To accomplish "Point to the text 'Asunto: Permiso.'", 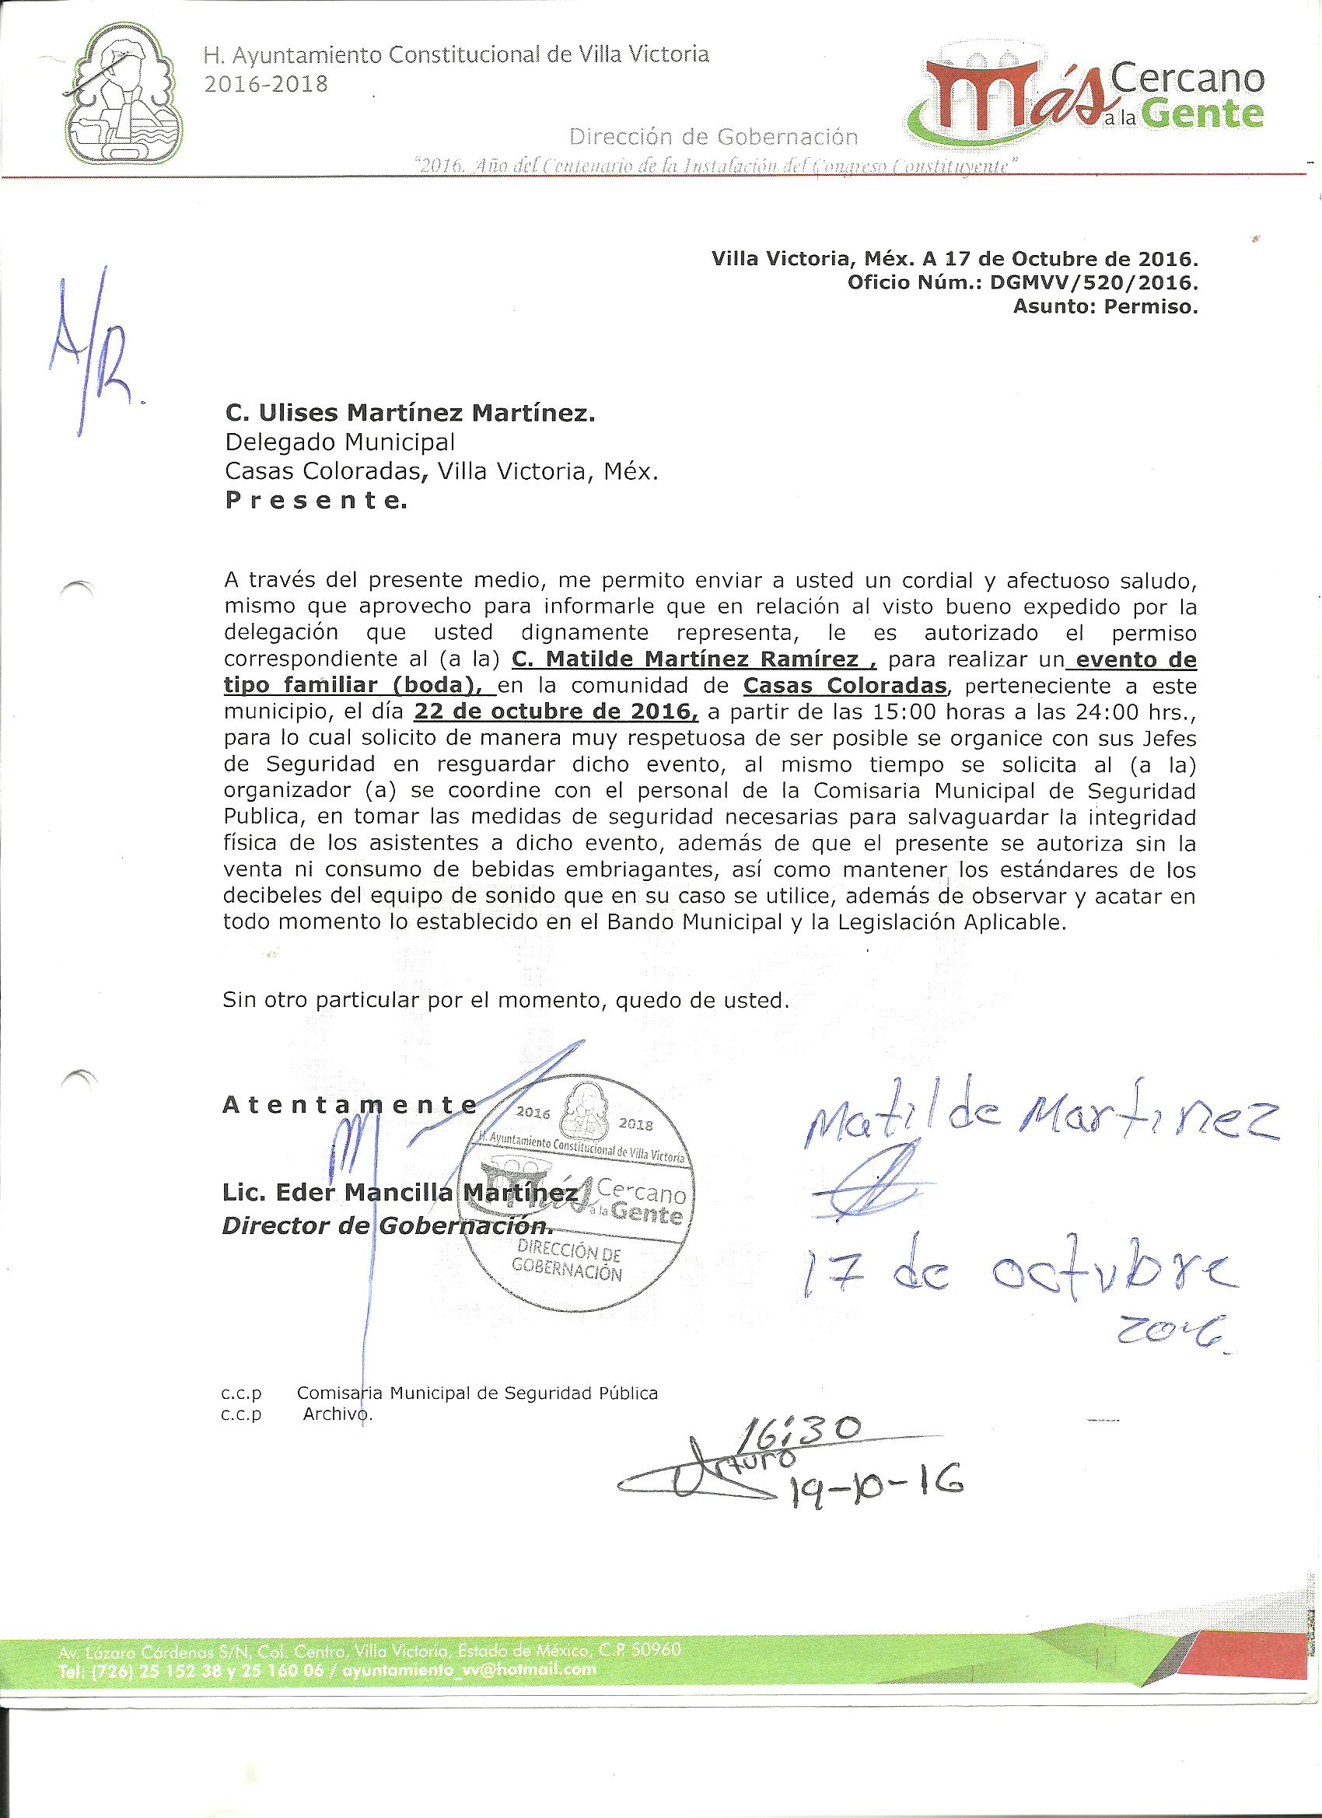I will click(x=1106, y=306).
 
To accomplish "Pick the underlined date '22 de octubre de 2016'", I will click(x=555, y=711).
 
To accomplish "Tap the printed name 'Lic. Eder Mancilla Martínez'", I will click(x=399, y=1193).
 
